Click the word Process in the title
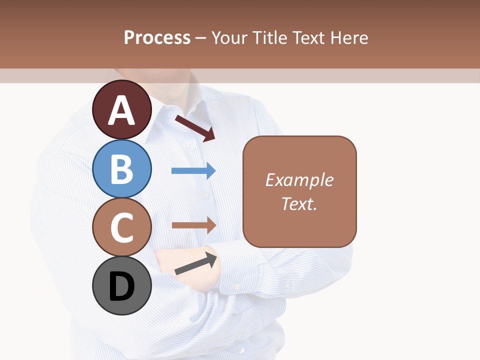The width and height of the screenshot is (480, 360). [x=157, y=37]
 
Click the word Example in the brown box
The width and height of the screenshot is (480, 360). [x=299, y=180]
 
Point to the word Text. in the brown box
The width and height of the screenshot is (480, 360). [x=299, y=203]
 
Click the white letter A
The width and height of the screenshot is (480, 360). [x=122, y=110]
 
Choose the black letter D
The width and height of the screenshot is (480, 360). [x=122, y=286]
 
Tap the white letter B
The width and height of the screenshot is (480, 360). [x=122, y=169]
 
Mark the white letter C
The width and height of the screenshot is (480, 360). [x=122, y=228]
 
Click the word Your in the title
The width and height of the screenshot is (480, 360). [x=229, y=37]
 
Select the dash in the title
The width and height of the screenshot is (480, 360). [x=200, y=38]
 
